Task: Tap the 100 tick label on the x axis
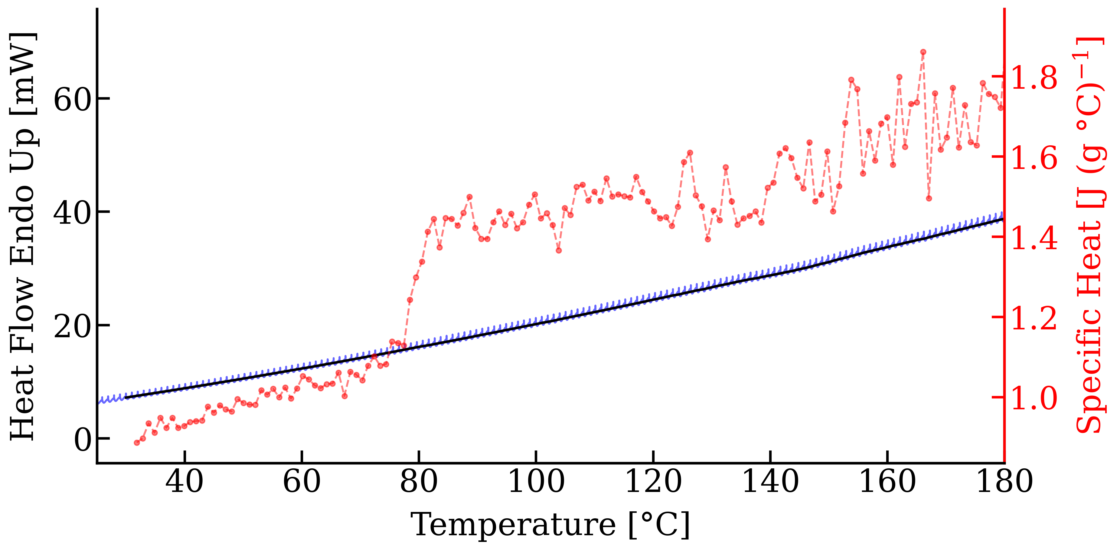pyautogui.click(x=536, y=482)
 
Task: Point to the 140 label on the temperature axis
pyautogui.click(x=770, y=482)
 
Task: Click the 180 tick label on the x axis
pyautogui.click(x=1004, y=482)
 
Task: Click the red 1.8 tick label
pyautogui.click(x=1034, y=78)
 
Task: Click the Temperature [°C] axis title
pyautogui.click(x=550, y=525)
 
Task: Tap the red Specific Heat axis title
pyautogui.click(x=1091, y=236)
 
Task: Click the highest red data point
pyautogui.click(x=923, y=52)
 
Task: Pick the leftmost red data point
pyautogui.click(x=137, y=443)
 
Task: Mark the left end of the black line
pyautogui.click(x=126, y=398)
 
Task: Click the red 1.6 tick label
pyautogui.click(x=1034, y=158)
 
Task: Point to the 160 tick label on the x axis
pyautogui.click(x=887, y=482)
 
